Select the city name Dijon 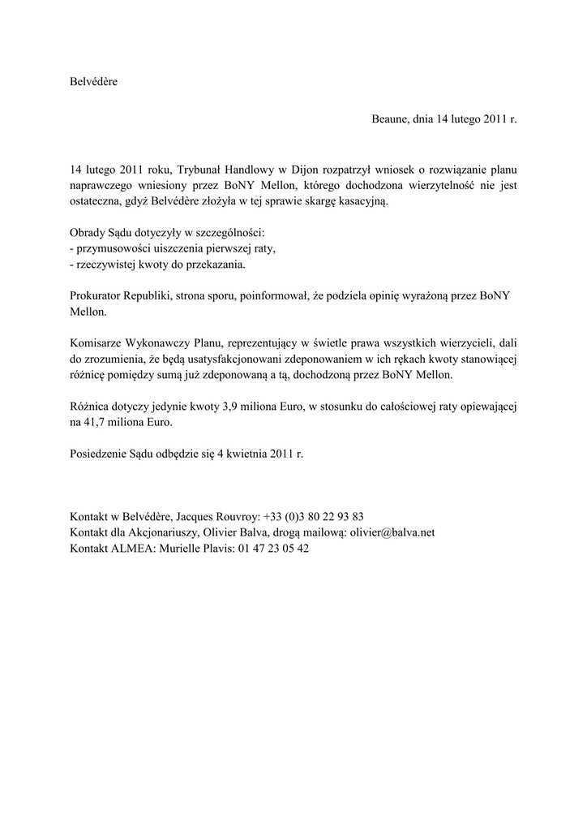306,170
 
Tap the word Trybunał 200,170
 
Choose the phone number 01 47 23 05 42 273,549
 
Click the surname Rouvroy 236,516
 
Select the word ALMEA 131,549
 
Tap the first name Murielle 183,549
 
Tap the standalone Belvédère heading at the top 94,82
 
